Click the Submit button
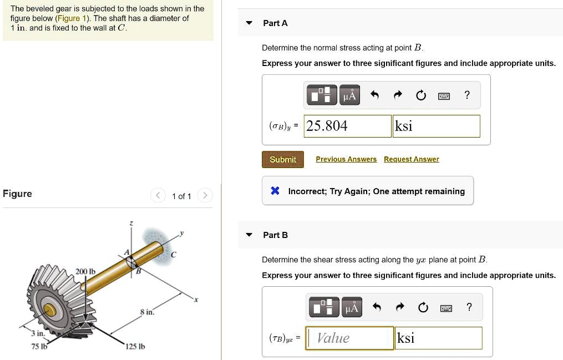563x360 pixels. (x=283, y=160)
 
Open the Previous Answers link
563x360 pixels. (x=346, y=159)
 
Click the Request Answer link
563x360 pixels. (x=411, y=159)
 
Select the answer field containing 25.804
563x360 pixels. (x=347, y=126)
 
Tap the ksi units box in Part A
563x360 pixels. (x=436, y=126)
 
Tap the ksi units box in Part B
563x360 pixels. (x=438, y=338)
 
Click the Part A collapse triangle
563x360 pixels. (x=250, y=23)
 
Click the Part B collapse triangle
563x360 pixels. (x=250, y=235)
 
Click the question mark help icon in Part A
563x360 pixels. (x=467, y=95)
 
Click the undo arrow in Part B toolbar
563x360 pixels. (x=377, y=307)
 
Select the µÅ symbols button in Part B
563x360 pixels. (x=351, y=307)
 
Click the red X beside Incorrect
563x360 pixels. (x=275, y=191)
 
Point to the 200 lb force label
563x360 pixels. (x=86, y=271)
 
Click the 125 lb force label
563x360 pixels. (x=135, y=347)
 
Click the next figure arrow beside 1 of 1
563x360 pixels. (x=205, y=196)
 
